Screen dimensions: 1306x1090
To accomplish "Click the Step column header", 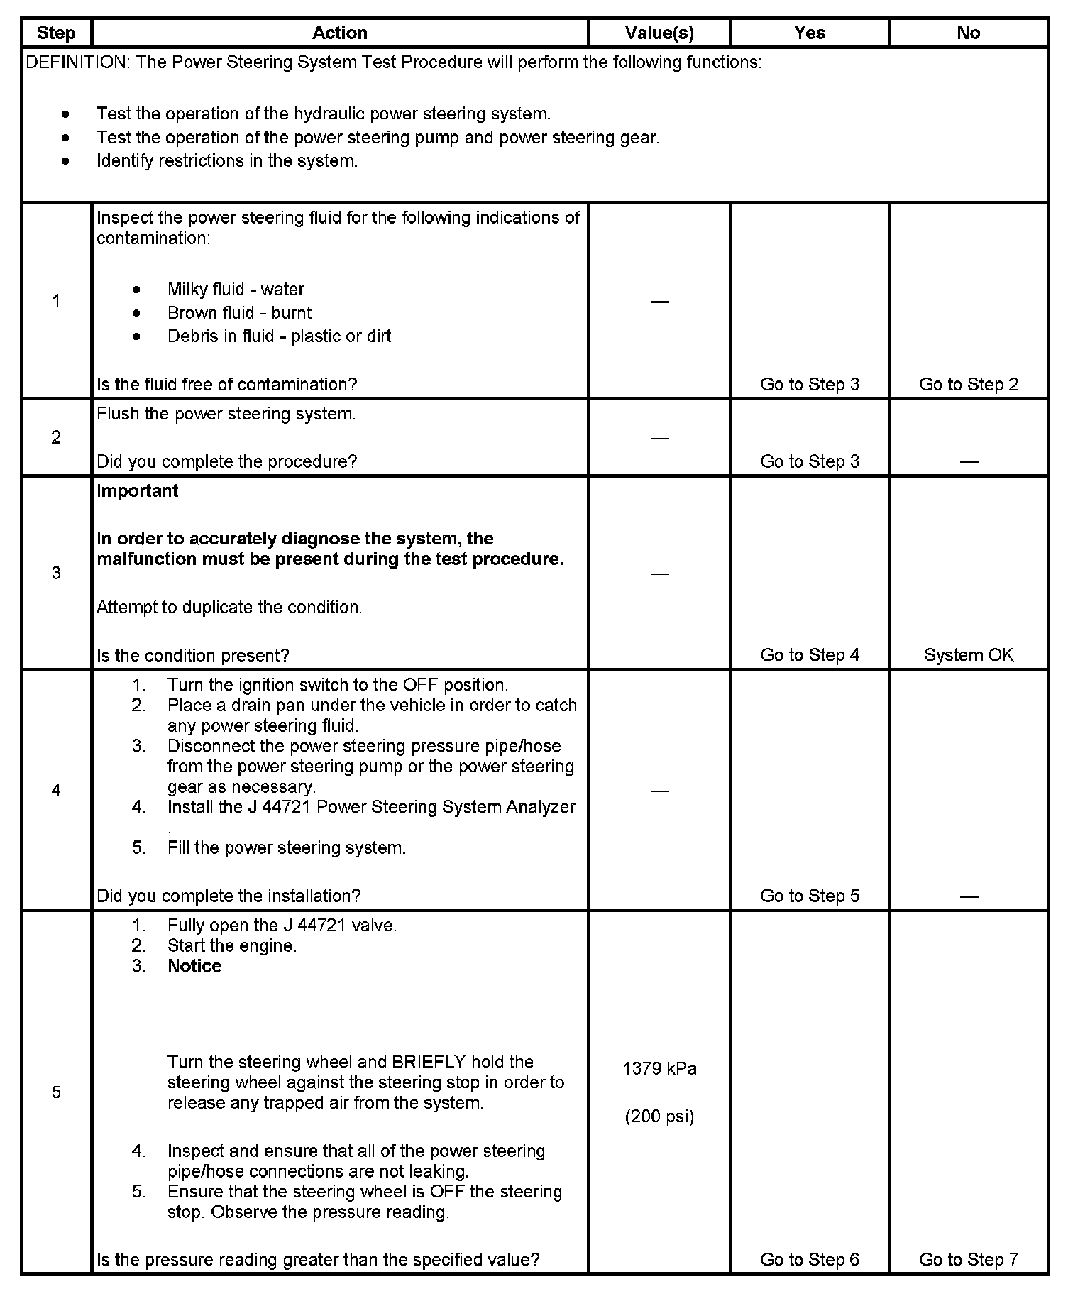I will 56,33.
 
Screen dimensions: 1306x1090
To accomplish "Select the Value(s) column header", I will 659,33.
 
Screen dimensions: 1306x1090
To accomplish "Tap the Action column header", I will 340,33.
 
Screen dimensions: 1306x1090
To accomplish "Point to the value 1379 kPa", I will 659,1068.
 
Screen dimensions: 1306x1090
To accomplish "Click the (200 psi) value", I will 659,1116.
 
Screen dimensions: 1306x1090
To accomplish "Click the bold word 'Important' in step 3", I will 138,491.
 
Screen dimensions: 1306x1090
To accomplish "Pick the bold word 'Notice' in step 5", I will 194,966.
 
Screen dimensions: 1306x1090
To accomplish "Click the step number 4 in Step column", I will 56,790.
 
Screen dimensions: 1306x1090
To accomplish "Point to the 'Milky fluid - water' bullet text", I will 236,290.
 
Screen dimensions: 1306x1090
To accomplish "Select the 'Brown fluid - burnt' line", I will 239,313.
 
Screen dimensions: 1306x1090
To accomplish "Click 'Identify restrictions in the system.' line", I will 227,161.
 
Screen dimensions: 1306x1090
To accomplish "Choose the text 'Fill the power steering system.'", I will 287,848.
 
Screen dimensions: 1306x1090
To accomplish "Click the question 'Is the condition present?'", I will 193,655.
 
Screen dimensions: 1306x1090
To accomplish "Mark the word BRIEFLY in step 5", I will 429,1062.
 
